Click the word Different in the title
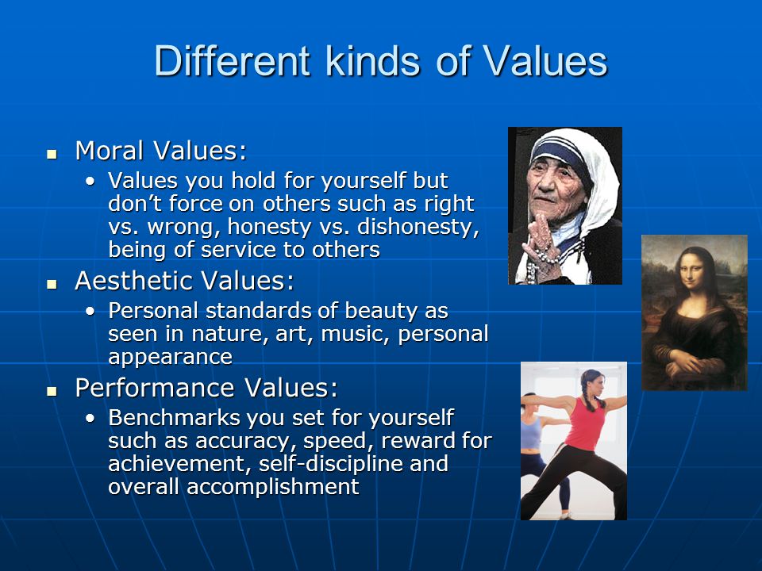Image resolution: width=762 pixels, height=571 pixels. tap(233, 61)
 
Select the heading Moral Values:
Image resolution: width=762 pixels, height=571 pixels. tap(161, 151)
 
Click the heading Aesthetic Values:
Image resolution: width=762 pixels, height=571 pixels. tap(185, 281)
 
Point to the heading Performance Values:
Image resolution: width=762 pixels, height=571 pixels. tap(206, 388)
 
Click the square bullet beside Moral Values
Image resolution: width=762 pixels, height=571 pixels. tap(52, 155)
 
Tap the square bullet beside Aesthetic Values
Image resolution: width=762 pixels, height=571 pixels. tap(52, 285)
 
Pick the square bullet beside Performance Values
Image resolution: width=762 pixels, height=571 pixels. tap(52, 391)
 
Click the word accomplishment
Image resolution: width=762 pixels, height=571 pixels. tap(272, 487)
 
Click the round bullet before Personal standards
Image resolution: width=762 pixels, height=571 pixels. tap(90, 311)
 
